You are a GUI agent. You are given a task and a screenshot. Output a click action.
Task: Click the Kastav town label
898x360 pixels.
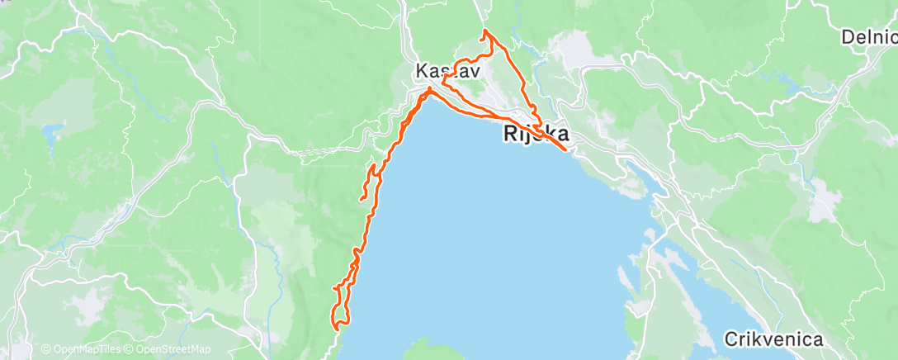click(447, 71)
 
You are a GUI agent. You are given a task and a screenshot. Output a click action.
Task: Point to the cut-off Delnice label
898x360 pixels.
click(868, 37)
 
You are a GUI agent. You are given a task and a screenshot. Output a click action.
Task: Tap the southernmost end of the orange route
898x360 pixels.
click(337, 328)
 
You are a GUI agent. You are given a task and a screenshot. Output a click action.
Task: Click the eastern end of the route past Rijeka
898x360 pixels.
click(565, 149)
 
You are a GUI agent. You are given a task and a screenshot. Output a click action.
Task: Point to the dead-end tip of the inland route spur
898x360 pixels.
click(362, 199)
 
